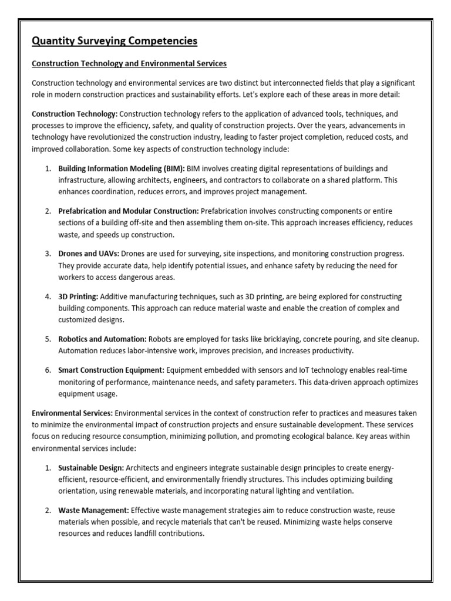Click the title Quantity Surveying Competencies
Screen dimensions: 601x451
click(x=115, y=41)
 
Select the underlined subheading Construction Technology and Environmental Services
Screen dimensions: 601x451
click(x=129, y=63)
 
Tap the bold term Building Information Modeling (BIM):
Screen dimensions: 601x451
click(x=122, y=168)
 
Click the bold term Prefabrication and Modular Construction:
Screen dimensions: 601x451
click(x=129, y=211)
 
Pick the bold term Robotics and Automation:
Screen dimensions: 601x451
click(x=102, y=339)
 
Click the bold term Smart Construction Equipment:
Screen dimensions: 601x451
click(x=112, y=370)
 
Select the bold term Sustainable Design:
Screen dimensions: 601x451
click(x=91, y=468)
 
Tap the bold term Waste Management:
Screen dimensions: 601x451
click(x=93, y=510)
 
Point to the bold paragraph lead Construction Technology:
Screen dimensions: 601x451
click(x=75, y=113)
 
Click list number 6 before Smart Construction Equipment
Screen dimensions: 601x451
click(x=48, y=370)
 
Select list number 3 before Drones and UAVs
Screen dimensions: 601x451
click(x=48, y=253)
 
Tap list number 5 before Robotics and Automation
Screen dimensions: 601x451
click(x=48, y=339)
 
